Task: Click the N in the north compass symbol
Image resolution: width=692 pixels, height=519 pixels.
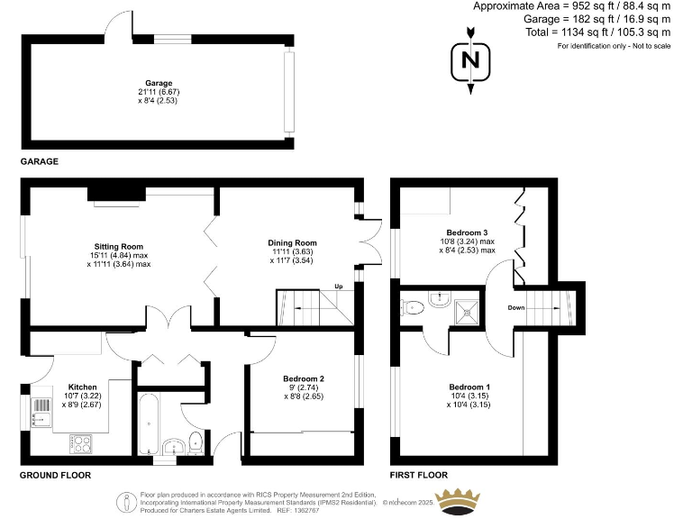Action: [469, 61]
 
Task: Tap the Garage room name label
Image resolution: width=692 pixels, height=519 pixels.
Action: [159, 84]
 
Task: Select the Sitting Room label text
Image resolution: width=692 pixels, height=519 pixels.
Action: [120, 246]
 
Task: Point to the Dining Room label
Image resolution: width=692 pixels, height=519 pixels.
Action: [292, 242]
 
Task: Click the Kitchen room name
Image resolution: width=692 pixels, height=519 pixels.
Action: [82, 387]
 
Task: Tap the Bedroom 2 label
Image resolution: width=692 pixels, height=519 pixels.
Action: [303, 378]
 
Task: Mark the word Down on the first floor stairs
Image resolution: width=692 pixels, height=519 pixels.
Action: [516, 307]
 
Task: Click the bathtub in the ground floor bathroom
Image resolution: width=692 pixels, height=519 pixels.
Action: [149, 424]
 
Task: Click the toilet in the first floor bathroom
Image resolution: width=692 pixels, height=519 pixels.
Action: [413, 308]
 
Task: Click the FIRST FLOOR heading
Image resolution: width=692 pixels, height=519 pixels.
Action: [418, 475]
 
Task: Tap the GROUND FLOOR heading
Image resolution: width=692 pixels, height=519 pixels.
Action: [55, 475]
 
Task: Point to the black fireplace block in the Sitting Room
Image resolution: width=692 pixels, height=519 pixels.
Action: [116, 192]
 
